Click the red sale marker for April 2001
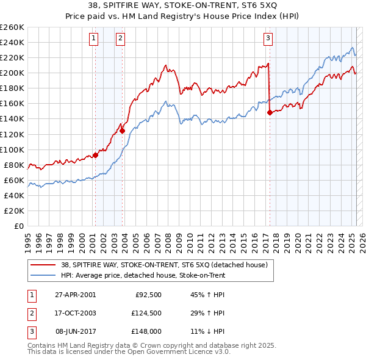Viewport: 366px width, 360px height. click(95, 155)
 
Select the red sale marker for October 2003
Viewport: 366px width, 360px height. click(122, 130)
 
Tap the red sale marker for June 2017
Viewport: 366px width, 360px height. click(269, 112)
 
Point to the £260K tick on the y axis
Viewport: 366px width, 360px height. click(12, 27)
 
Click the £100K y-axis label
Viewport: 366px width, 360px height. click(12, 149)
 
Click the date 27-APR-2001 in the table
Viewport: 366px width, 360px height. click(75, 295)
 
